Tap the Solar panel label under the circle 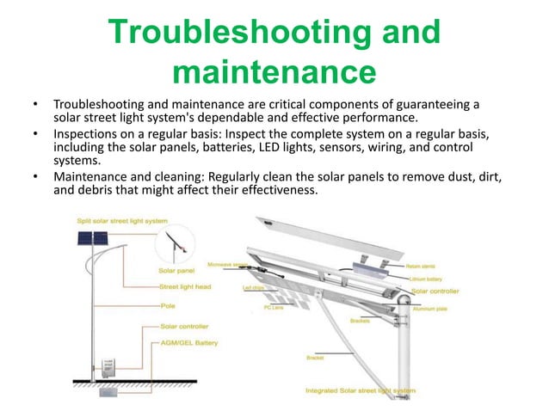tap(176, 269)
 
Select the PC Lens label tap(274, 307)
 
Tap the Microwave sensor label tap(225, 264)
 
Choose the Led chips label tap(252, 287)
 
